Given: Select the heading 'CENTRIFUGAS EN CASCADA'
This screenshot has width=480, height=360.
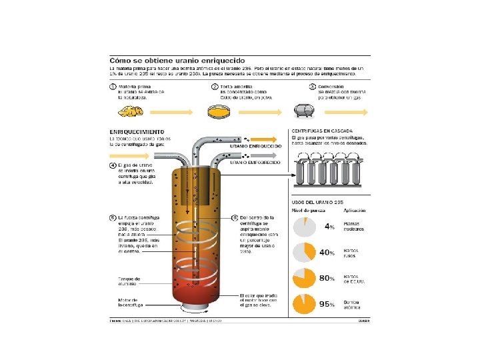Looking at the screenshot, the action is (323, 131).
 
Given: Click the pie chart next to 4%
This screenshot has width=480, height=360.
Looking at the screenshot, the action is (304, 227).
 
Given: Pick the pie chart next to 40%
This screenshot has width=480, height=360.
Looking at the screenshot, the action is (304, 253).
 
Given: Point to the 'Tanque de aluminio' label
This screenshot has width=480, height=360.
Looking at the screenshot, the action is (127, 281).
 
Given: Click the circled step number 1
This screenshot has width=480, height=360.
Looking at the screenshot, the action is (113, 87).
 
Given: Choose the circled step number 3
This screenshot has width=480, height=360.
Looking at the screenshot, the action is (312, 87).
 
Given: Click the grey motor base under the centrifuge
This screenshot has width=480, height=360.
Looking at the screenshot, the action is (194, 308).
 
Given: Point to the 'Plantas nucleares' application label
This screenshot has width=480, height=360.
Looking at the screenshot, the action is (353, 227).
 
